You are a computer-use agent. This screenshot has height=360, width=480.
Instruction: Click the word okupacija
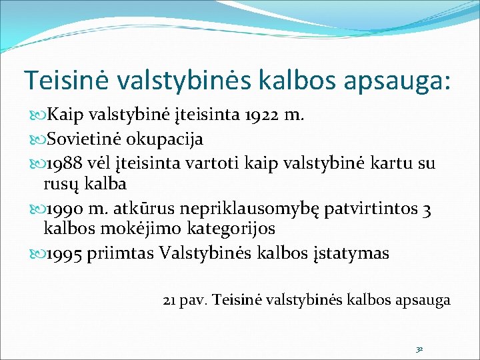(x=161, y=140)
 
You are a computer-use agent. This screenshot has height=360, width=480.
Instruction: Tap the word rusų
(x=60, y=182)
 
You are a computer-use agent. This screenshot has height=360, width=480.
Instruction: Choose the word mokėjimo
(x=122, y=228)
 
